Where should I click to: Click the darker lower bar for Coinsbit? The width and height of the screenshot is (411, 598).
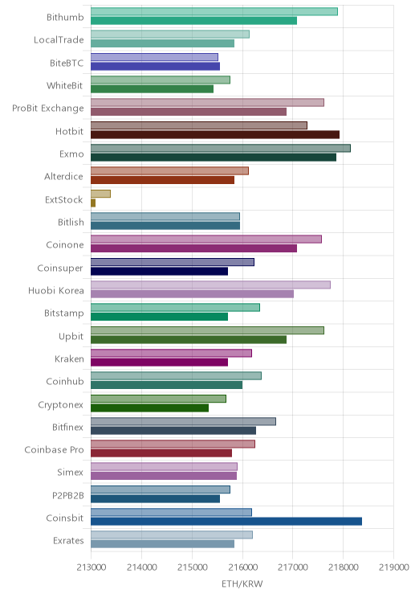tap(226, 522)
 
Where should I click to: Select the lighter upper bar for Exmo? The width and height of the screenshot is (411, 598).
tap(221, 148)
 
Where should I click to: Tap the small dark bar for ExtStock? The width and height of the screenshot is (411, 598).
tap(93, 203)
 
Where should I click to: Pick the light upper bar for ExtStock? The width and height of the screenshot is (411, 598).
tap(100, 194)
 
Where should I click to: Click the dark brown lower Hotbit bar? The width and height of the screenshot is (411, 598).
tap(215, 134)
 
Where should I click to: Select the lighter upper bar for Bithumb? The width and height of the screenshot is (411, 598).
tap(214, 11)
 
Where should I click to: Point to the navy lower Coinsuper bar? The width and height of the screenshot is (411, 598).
tap(159, 271)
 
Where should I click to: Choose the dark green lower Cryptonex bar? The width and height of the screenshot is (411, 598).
tap(149, 408)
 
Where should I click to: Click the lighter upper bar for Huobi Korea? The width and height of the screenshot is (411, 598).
tap(210, 285)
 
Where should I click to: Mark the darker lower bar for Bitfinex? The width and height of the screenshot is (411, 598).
tap(173, 431)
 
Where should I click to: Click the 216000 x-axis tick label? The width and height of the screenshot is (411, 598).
tap(242, 567)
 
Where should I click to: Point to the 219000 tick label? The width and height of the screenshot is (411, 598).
tap(393, 567)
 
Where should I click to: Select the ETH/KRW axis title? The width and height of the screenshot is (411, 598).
tap(242, 584)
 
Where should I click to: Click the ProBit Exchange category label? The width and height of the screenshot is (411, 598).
tap(48, 109)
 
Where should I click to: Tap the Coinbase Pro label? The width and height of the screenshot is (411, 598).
tap(54, 450)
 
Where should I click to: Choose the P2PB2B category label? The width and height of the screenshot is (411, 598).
tap(67, 495)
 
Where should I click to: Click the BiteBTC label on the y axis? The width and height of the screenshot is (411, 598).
tap(67, 63)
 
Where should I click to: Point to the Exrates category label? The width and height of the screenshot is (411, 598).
tap(68, 541)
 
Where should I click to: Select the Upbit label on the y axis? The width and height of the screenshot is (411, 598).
tap(71, 336)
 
